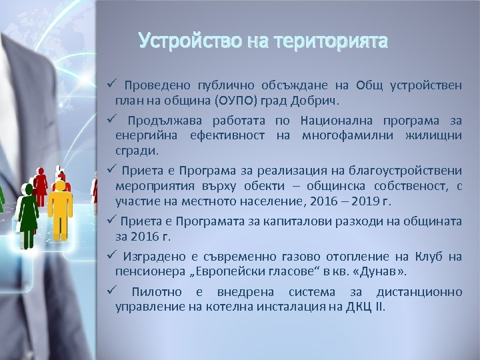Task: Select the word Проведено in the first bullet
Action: (x=157, y=86)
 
